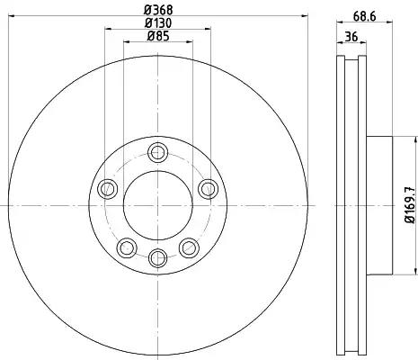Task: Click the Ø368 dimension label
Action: (158, 10)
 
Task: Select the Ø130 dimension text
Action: (158, 23)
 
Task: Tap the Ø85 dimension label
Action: (158, 36)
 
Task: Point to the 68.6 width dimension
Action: (364, 16)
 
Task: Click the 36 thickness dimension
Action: (351, 37)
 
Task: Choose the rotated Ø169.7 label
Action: (410, 205)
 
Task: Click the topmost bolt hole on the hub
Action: (157, 153)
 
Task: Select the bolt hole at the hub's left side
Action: (107, 189)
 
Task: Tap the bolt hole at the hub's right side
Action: (208, 189)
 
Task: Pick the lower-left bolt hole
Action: (127, 247)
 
